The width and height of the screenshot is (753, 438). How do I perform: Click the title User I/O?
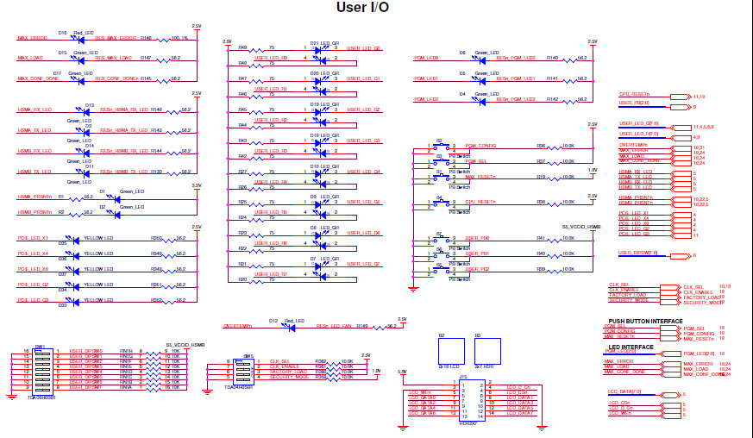(x=362, y=8)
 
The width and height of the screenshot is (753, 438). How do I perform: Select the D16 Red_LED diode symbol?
(x=80, y=39)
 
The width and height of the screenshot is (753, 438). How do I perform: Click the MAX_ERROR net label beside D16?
(x=33, y=38)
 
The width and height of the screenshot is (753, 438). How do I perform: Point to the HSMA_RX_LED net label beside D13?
(x=35, y=109)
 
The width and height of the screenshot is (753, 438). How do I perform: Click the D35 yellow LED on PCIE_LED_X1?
(x=74, y=238)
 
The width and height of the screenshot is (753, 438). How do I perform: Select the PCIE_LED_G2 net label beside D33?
(x=34, y=285)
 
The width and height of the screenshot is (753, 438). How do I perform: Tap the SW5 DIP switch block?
(x=243, y=369)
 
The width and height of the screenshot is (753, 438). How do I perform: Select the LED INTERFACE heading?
(x=631, y=347)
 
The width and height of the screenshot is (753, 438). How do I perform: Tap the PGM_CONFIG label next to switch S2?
(x=480, y=146)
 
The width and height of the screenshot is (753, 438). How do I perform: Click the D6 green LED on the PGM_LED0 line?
(x=474, y=59)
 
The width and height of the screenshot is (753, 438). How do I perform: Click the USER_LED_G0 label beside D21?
(x=364, y=48)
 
